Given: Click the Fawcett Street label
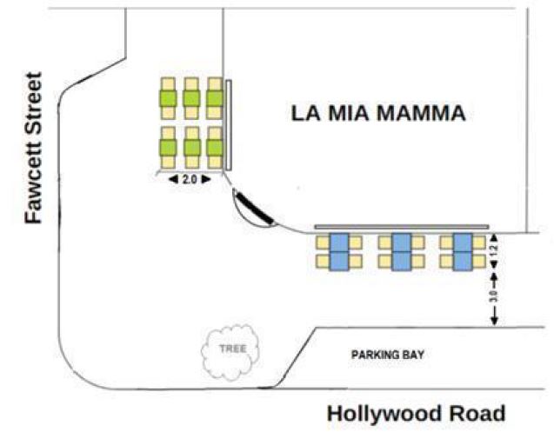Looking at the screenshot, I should [x=33, y=147].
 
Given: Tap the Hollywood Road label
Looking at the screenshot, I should [x=416, y=413].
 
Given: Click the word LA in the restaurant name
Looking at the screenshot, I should [x=307, y=113].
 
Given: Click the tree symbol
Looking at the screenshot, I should [x=230, y=349].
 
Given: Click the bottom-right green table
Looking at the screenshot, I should [x=214, y=146].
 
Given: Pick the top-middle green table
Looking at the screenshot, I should [x=191, y=99].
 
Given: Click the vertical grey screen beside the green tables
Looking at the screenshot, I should [x=229, y=124].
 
